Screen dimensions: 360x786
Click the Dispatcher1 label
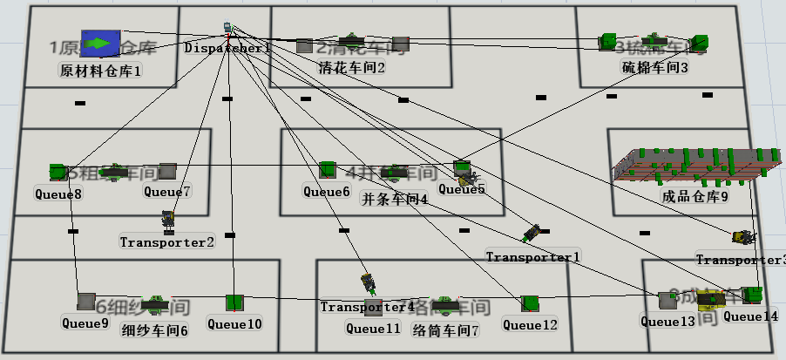coord(227,49)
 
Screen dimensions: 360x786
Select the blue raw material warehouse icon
coord(99,43)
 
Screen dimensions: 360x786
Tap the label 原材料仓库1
coord(100,69)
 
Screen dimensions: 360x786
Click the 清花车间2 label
coord(352,67)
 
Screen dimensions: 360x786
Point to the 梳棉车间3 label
coord(654,67)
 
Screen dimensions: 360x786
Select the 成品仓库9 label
coord(695,196)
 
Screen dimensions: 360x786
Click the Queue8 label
coord(58,194)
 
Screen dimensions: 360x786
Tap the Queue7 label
coord(167,191)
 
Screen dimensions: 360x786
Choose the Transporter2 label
coord(166,241)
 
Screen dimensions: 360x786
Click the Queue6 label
coord(327,191)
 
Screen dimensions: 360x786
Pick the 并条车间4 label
coord(394,198)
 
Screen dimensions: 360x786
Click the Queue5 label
coord(462,188)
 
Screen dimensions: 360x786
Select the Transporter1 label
coord(532,257)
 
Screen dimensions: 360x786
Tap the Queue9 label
coord(85,323)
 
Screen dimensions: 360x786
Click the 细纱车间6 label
coord(155,330)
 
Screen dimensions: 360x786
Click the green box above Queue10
coord(234,302)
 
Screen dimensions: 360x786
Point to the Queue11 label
coord(373,329)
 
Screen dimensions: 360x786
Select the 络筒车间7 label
coord(445,330)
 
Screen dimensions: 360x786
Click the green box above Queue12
coord(529,302)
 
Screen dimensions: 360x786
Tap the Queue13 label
coord(668,321)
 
